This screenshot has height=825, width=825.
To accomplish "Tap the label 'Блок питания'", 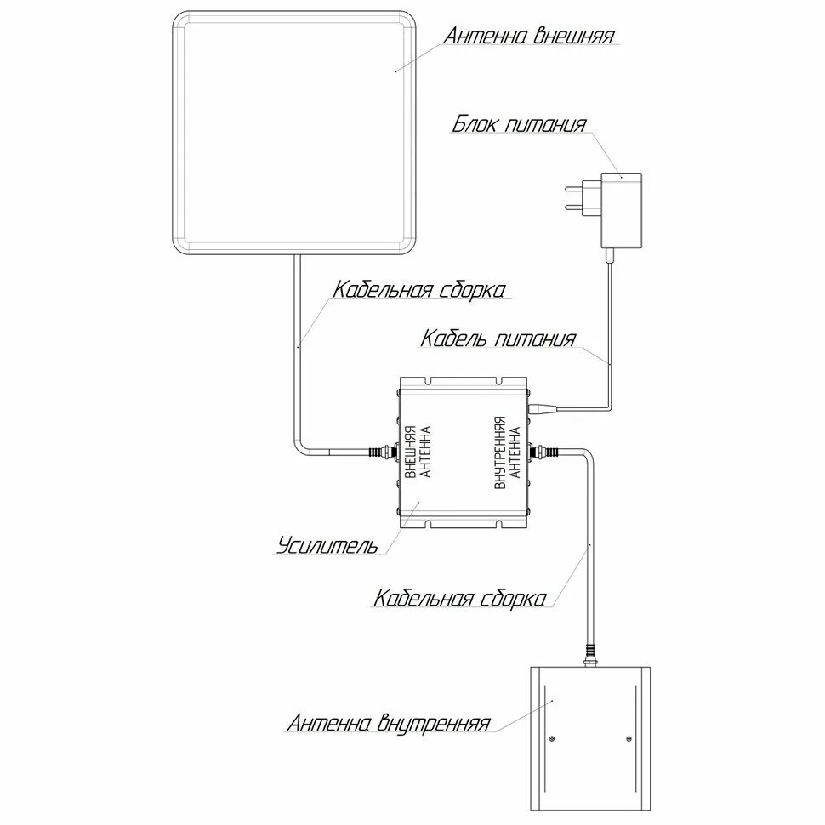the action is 519,125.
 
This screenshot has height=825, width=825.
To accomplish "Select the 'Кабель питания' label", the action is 498,339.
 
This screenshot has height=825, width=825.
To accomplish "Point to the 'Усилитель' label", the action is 327,545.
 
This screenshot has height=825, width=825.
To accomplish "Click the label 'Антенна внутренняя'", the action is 388,724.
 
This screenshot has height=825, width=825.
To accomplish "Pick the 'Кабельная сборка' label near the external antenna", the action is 419,290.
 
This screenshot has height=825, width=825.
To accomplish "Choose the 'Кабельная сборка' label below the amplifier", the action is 459,598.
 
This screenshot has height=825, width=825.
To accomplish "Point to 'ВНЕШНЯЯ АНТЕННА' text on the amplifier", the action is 418,452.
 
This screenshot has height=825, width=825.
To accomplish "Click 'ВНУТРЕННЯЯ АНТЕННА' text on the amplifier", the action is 507,452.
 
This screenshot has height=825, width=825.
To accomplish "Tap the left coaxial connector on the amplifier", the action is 381,452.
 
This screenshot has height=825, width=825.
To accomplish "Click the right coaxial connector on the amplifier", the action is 544,452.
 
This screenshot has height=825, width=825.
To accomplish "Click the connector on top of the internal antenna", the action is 589,656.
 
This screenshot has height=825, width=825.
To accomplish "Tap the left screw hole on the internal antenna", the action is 551,737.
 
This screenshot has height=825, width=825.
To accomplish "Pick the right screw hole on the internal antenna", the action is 629,737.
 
